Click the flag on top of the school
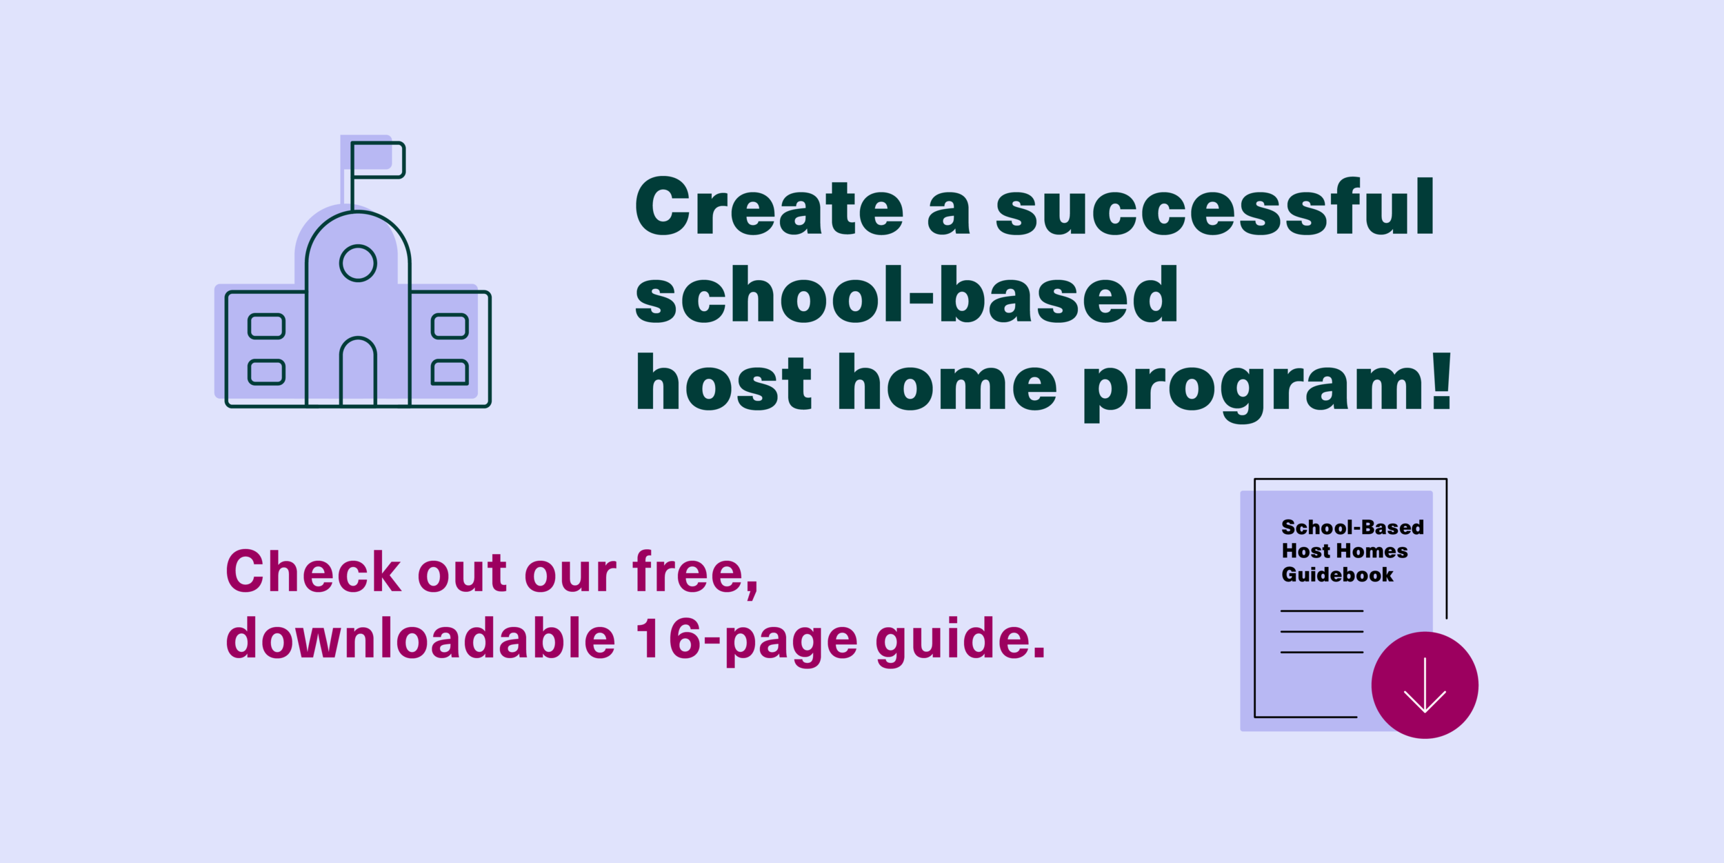[378, 160]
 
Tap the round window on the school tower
[358, 263]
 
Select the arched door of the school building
[358, 373]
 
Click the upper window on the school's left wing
[266, 326]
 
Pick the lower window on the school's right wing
[450, 373]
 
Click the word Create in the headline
[768, 207]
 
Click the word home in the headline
[948, 383]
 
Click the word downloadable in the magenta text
[421, 638]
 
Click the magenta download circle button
[1425, 685]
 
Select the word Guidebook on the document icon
[1337, 575]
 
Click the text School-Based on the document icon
[1352, 527]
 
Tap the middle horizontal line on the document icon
[1321, 631]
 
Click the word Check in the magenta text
[314, 572]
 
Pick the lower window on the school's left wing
[266, 373]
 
